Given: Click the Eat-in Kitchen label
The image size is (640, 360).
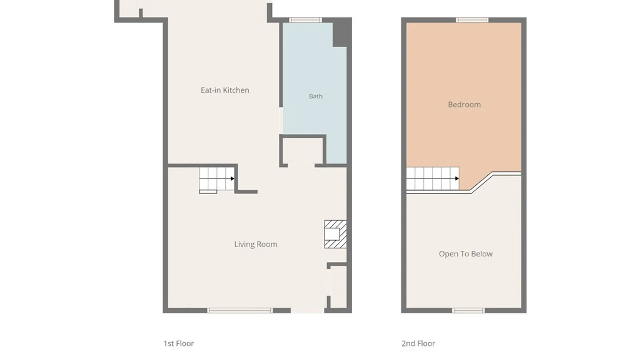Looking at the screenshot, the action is click(225, 90).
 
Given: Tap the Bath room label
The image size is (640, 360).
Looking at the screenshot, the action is click(316, 96).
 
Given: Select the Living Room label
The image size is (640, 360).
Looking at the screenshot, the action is click(256, 244).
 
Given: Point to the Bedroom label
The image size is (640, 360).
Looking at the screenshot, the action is click(464, 105).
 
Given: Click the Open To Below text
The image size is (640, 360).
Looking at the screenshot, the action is click(466, 254).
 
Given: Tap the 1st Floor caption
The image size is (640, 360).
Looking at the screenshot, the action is click(179, 343).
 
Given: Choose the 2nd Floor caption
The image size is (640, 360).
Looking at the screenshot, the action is click(418, 343).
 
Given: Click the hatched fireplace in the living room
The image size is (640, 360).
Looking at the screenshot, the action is click(335, 234).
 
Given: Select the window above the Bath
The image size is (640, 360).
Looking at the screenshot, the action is click(305, 20).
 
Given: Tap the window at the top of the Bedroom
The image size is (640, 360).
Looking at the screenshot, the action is click(472, 20).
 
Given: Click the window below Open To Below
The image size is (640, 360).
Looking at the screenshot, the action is click(468, 311).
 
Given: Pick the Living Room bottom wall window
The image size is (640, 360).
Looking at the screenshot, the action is click(240, 311).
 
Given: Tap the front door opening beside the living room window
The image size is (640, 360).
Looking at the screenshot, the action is click(308, 311).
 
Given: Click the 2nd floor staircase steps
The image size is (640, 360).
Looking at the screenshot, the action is click(433, 179).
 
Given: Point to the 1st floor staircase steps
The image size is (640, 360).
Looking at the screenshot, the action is click(217, 179).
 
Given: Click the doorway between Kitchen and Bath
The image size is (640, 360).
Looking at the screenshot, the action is click(281, 121).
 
